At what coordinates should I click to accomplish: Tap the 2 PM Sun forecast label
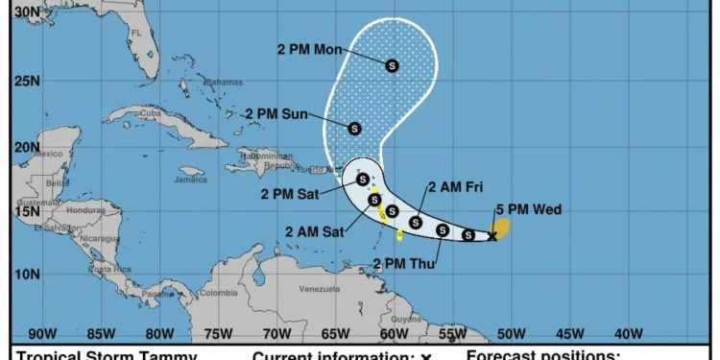pos(276,114)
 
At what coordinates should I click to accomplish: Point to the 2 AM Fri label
pos(460,187)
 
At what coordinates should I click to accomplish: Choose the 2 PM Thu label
pos(404,262)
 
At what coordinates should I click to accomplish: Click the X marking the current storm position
pos(492,235)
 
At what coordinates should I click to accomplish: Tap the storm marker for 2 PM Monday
pos(392,65)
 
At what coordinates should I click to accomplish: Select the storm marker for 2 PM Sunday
pos(354,128)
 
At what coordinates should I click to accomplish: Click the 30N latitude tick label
pos(27,12)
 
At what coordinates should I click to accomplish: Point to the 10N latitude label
pos(27,275)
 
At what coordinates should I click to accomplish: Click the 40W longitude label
pos(628,334)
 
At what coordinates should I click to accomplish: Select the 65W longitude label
pos(335,334)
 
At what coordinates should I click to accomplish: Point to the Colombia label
pos(219,293)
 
